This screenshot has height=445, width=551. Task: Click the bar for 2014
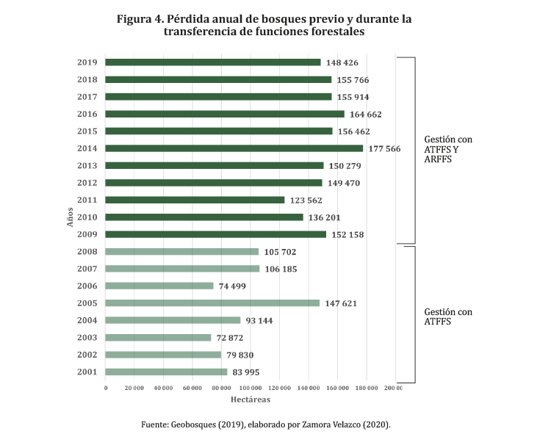pyautogui.click(x=234, y=148)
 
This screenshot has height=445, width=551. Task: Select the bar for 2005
pyautogui.click(x=213, y=303)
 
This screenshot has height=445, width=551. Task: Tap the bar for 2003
pyautogui.click(x=159, y=338)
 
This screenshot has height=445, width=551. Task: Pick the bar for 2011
pyautogui.click(x=195, y=200)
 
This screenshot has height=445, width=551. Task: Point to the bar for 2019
pyautogui.click(x=213, y=62)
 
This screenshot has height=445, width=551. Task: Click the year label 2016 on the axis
pyautogui.click(x=87, y=114)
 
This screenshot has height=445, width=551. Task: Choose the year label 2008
pyautogui.click(x=87, y=252)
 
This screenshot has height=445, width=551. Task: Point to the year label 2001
pyautogui.click(x=87, y=372)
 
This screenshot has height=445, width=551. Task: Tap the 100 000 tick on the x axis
pyautogui.click(x=251, y=388)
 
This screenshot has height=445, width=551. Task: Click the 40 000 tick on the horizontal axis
pyautogui.click(x=164, y=388)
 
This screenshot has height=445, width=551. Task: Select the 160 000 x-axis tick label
pyautogui.click(x=338, y=388)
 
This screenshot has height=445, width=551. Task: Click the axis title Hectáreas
pyautogui.click(x=250, y=399)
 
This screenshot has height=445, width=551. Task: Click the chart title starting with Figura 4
pyautogui.click(x=264, y=26)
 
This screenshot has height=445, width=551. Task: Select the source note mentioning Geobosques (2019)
pyautogui.click(x=265, y=424)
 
